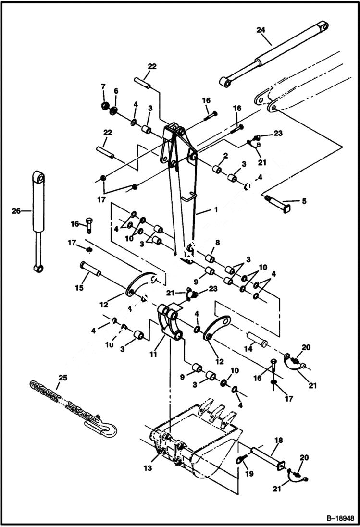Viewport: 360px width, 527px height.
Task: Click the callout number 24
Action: click(x=260, y=30)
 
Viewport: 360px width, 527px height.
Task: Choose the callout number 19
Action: click(x=246, y=464)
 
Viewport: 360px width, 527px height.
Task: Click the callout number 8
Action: click(x=218, y=243)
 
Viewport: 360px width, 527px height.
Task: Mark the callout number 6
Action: click(x=115, y=91)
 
